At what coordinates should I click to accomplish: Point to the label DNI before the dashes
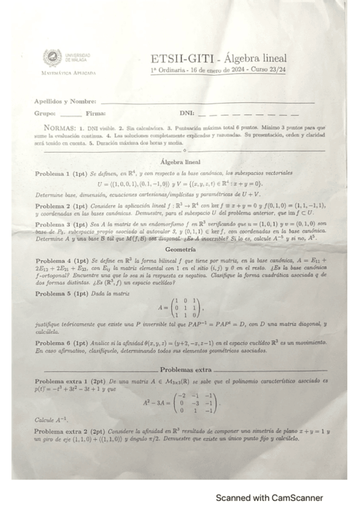pos(186,113)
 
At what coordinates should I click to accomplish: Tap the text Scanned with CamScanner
pos(269,498)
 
